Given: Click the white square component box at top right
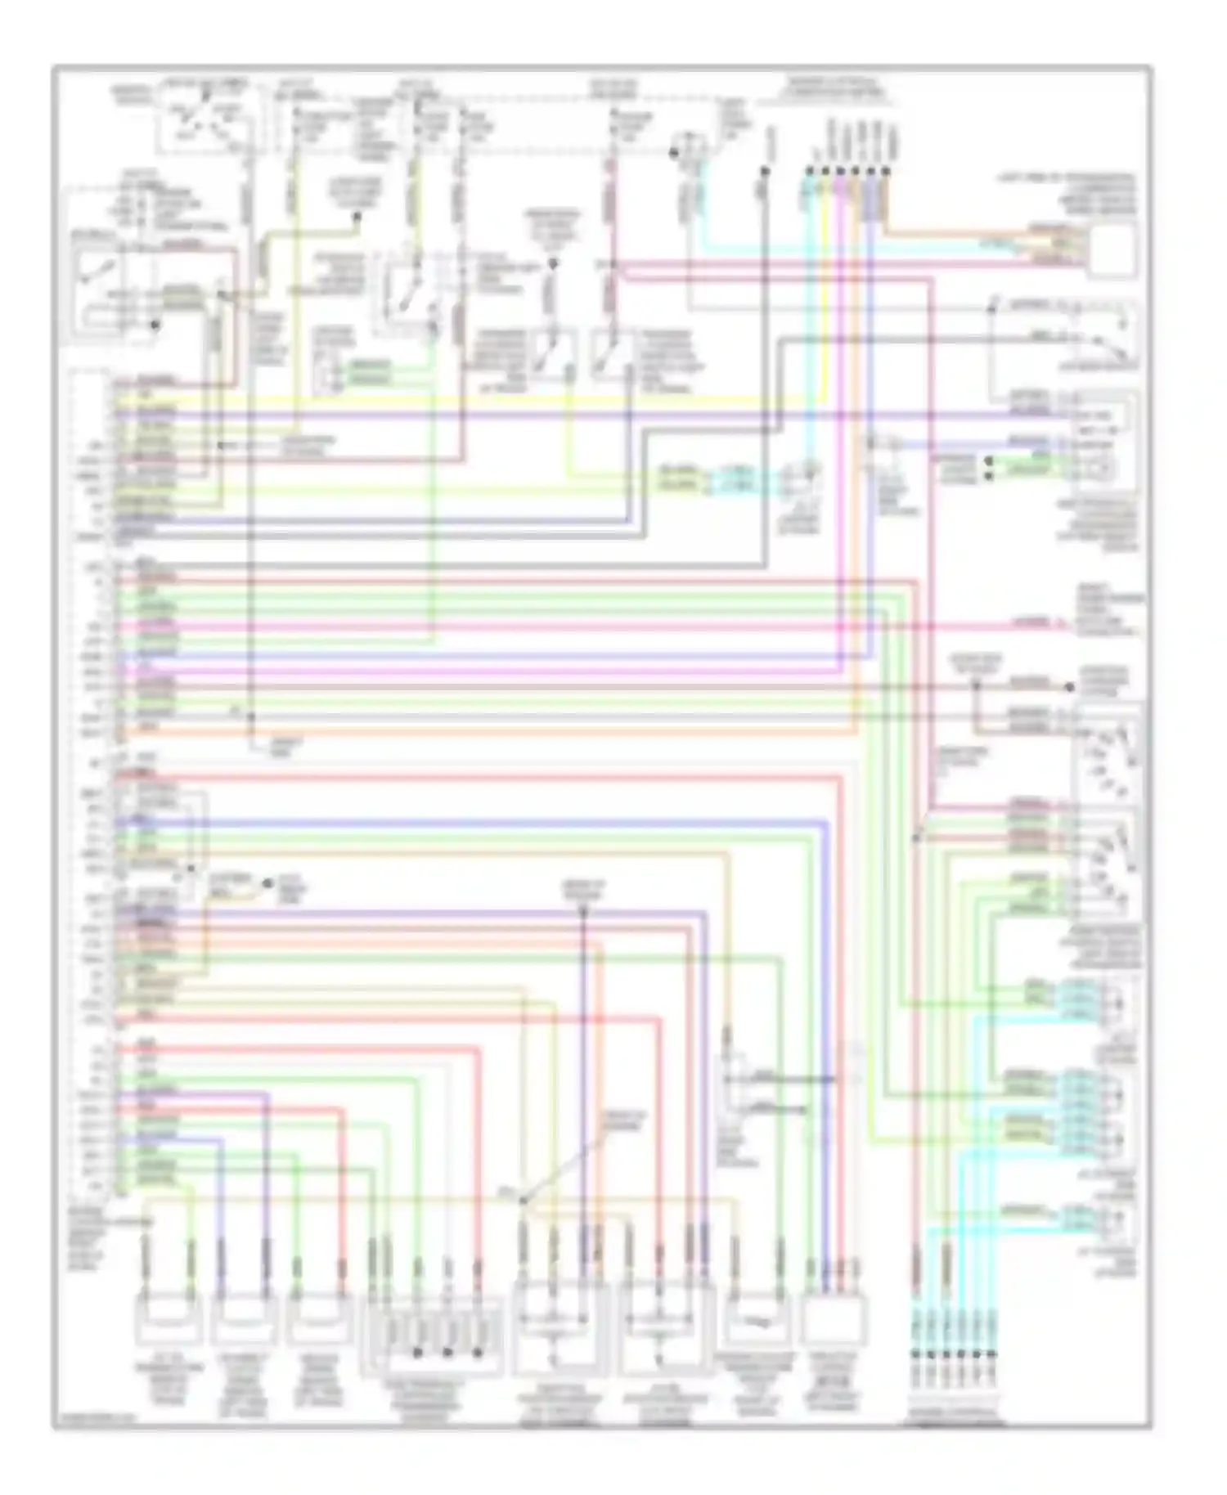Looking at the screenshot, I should click(x=1112, y=249).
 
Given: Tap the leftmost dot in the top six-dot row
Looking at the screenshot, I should click(x=809, y=172).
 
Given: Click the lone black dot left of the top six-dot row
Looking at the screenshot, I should click(x=765, y=172).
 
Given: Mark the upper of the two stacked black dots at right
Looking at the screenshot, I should click(x=989, y=460).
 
